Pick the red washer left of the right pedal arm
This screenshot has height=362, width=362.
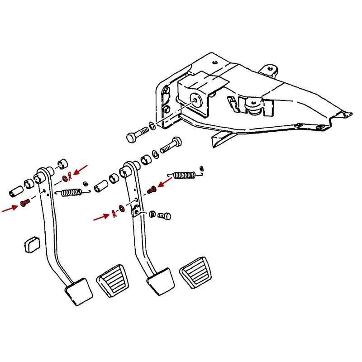click(122, 210)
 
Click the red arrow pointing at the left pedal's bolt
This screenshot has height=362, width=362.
click(10, 208)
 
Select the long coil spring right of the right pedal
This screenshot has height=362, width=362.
click(183, 174)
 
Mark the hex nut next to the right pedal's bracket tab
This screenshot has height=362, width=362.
click(152, 214)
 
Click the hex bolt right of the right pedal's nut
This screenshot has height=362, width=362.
click(166, 216)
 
